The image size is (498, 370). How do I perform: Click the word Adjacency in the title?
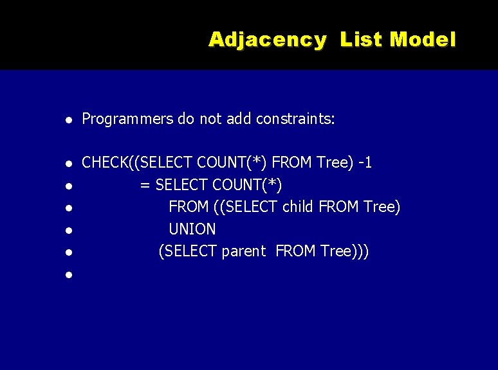tap(267, 40)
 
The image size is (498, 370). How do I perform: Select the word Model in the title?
tap(423, 40)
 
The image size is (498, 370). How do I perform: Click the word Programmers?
tap(128, 119)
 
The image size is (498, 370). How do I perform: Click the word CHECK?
tap(105, 163)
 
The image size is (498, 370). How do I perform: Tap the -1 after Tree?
tap(365, 163)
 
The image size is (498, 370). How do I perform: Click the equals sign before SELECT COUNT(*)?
tap(145, 185)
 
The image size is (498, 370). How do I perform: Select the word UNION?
tap(192, 229)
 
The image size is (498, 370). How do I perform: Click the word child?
tap(299, 207)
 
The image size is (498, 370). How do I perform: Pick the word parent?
tap(243, 251)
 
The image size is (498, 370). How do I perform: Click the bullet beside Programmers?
tap(68, 119)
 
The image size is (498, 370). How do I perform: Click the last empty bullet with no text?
tap(68, 275)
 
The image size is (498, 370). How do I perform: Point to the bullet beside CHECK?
tap(68, 163)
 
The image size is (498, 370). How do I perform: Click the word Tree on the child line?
tap(380, 207)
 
